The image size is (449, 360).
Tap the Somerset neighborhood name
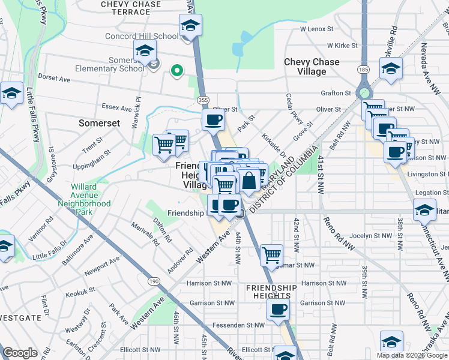coord(100,122)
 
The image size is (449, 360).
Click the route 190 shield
coord(137,281)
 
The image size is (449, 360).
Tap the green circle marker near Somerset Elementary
coord(176,71)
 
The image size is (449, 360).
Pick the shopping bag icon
coord(249,179)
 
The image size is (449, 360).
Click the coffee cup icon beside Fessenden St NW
coord(278,310)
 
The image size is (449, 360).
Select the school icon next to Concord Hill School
coord(190,26)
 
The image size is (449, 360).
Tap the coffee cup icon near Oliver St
coord(213,120)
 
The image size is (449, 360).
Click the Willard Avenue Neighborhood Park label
coord(84,195)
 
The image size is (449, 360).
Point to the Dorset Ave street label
coord(54,77)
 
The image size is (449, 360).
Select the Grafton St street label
coord(336,93)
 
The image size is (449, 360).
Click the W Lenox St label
coord(316,29)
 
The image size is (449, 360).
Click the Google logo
coord(20,353)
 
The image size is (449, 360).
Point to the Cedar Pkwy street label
coord(297,108)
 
